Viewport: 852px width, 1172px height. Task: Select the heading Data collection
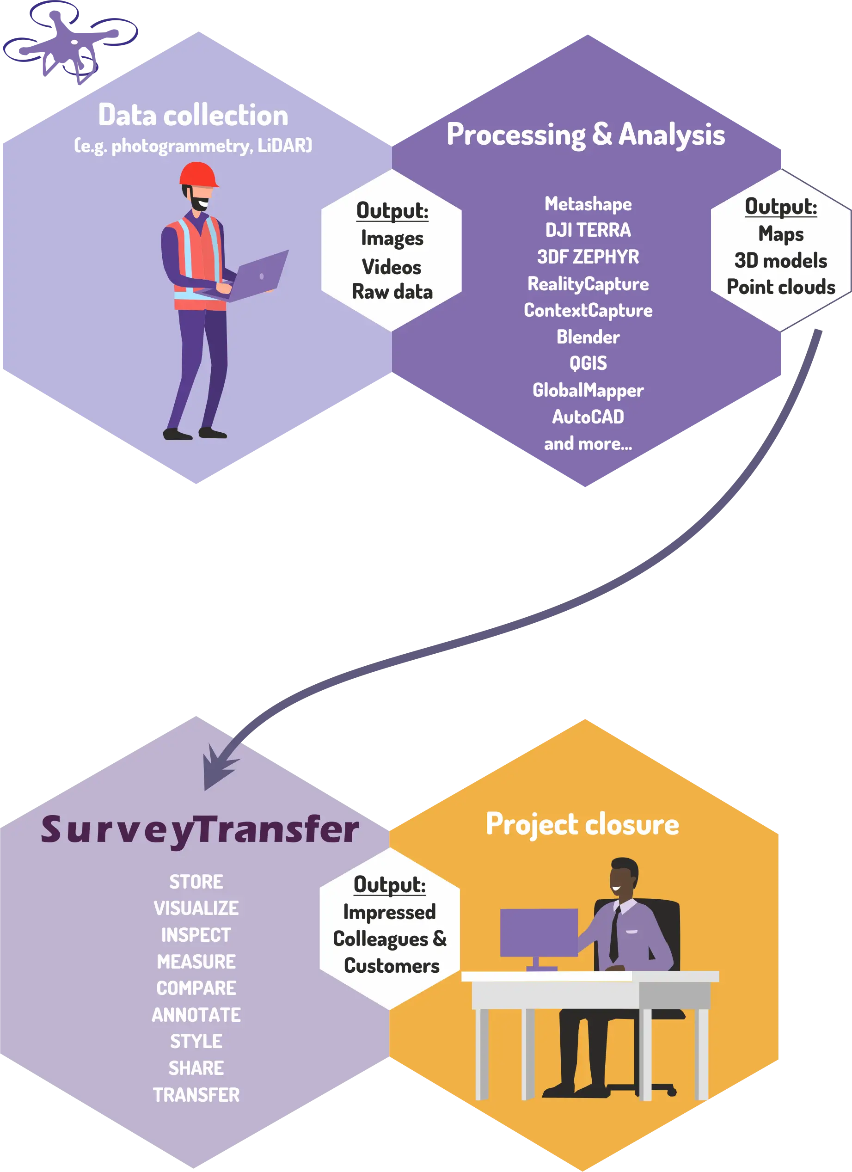click(x=193, y=115)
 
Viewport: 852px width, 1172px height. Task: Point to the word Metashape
click(x=588, y=204)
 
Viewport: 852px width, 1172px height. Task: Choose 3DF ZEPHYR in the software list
click(x=588, y=257)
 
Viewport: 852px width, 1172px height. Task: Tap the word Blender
click(x=588, y=337)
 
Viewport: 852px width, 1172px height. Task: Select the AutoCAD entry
click(x=588, y=417)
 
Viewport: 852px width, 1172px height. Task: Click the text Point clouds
click(x=781, y=287)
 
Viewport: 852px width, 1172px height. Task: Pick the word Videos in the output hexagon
click(x=392, y=267)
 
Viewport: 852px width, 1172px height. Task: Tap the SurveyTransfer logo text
click(x=200, y=829)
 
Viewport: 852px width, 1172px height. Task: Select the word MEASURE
click(x=196, y=962)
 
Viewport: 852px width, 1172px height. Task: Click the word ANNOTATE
click(x=196, y=1015)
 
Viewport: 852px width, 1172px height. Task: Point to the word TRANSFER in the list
click(x=196, y=1094)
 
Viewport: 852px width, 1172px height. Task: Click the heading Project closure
click(x=582, y=825)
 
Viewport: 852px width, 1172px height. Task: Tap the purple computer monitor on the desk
click(x=539, y=932)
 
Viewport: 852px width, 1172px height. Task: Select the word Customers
click(x=392, y=966)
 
